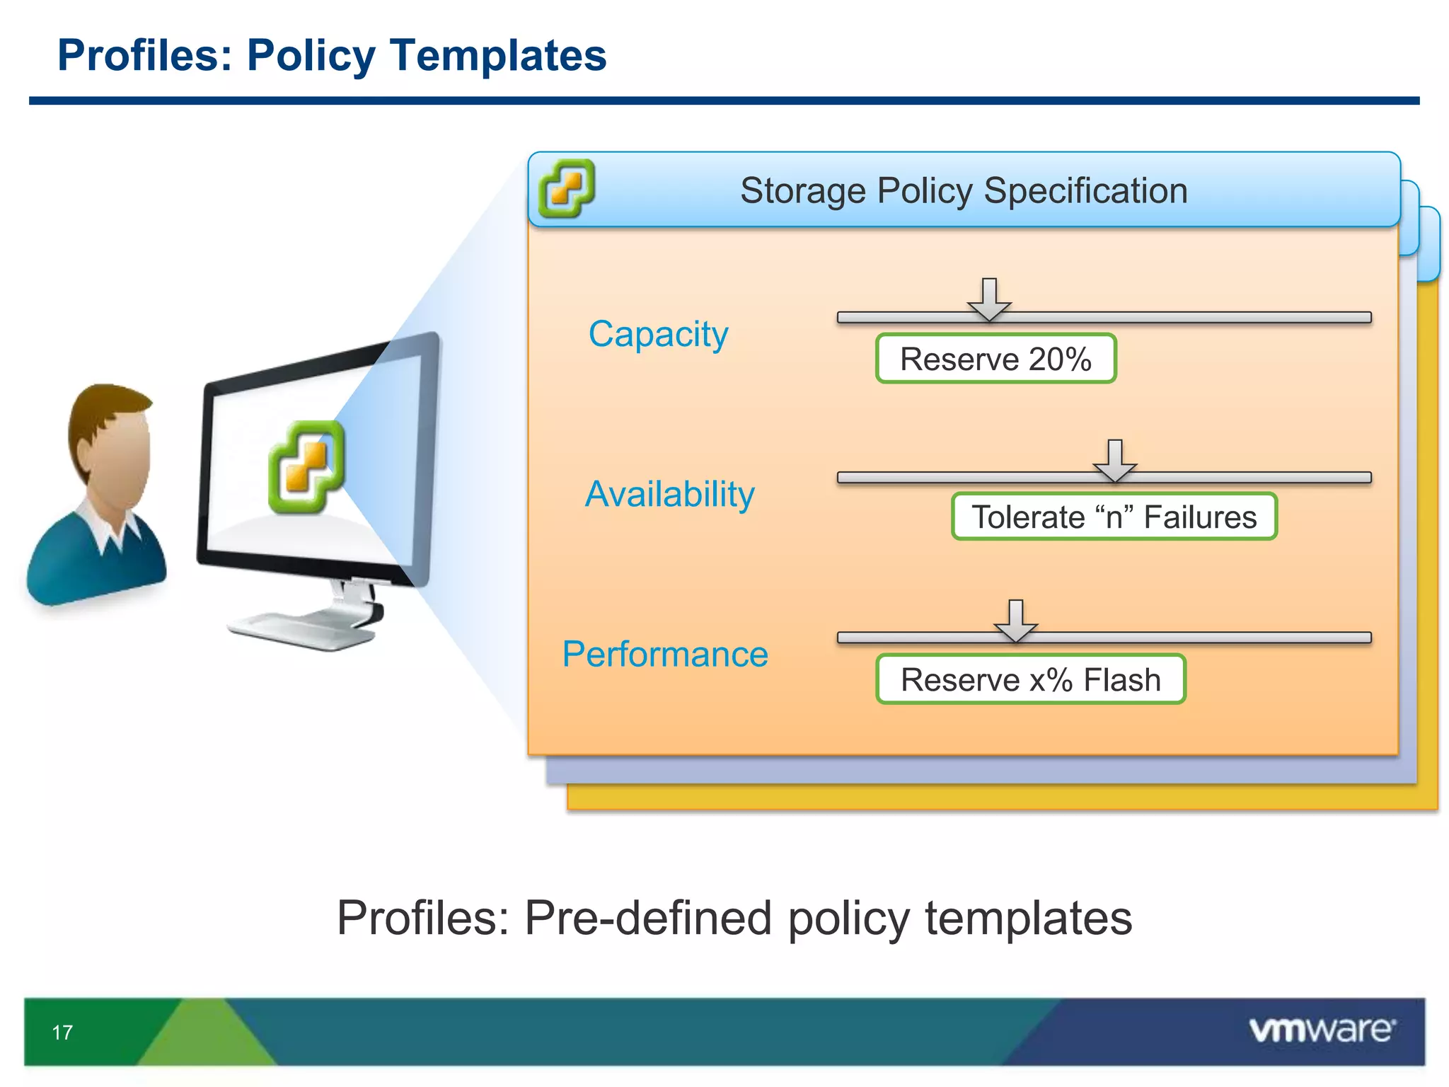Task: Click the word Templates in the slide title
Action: click(498, 55)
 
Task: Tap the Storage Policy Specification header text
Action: click(964, 190)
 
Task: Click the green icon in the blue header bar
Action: click(566, 188)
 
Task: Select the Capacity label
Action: click(658, 334)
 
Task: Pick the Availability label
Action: click(669, 494)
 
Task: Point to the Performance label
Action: click(665, 654)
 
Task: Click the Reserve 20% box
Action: click(995, 359)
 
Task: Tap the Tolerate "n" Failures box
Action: click(1114, 517)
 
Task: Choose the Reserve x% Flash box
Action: click(1030, 679)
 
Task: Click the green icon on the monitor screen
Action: click(306, 467)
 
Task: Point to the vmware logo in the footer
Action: click(1322, 1030)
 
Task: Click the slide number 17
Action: click(62, 1033)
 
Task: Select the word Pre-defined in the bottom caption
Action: click(647, 918)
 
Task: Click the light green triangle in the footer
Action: click(205, 1037)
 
